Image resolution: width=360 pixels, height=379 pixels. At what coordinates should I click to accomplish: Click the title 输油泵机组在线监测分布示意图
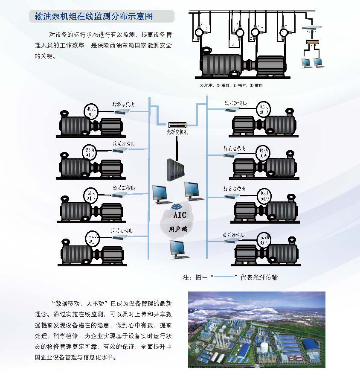pyautogui.click(x=93, y=17)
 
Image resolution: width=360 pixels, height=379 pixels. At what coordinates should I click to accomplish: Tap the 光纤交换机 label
pyautogui.click(x=177, y=132)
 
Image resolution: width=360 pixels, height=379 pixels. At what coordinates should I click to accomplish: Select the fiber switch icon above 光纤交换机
pyautogui.click(x=177, y=125)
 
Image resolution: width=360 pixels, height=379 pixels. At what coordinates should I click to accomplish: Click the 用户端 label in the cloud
pyautogui.click(x=178, y=229)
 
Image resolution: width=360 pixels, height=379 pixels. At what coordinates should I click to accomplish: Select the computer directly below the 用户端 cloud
pyautogui.click(x=178, y=249)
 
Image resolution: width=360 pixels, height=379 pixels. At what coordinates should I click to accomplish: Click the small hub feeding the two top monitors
pyautogui.click(x=313, y=42)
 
